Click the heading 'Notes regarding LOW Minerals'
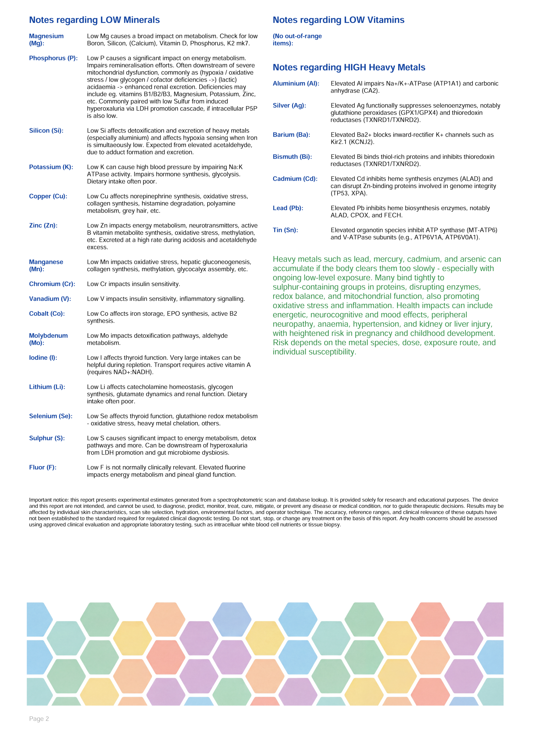94,20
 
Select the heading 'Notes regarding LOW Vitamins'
338,20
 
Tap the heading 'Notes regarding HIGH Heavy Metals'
349,68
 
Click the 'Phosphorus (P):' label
53,58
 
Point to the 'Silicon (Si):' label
46,131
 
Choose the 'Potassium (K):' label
51,167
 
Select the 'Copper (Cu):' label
48,196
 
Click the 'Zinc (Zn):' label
43,225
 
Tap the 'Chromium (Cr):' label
52,284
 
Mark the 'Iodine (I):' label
43,358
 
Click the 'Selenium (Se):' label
51,416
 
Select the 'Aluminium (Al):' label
296,83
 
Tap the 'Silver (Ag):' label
289,106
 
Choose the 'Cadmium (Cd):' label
295,179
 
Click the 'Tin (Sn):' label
285,230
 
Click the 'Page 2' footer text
39,719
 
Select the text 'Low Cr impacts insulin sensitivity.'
133,284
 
